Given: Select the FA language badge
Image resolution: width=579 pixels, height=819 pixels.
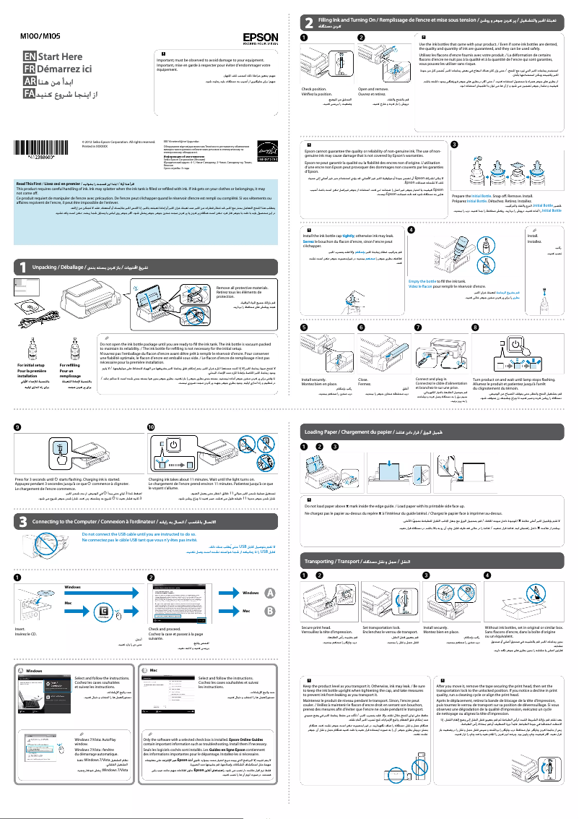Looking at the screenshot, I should [x=29, y=95].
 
